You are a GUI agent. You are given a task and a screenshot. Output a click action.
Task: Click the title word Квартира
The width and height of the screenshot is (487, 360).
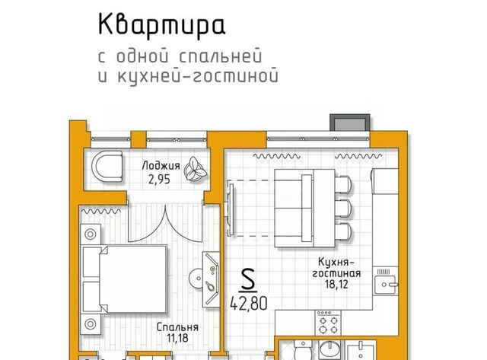tap(161, 25)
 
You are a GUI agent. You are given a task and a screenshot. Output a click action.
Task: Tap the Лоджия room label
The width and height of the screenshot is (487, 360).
tap(161, 166)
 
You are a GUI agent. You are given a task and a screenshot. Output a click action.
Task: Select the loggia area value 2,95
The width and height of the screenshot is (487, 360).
tap(159, 180)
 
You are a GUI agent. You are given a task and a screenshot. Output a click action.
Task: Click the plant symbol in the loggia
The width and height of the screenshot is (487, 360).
tap(195, 169)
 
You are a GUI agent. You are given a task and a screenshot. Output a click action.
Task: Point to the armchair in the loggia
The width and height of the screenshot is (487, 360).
tap(107, 167)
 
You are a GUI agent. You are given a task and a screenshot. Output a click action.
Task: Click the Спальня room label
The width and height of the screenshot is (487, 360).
tap(177, 327)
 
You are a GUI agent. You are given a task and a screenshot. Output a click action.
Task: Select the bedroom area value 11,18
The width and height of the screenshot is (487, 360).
tap(177, 338)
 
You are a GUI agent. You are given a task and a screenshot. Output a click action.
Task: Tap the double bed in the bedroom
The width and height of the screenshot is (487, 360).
tap(124, 279)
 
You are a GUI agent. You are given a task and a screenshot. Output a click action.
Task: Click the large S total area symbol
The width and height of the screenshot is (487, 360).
tap(248, 280)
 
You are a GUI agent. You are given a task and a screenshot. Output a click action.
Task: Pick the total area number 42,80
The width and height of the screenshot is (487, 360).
tap(249, 303)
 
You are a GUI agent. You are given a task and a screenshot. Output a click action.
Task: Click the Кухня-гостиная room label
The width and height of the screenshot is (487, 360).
tap(336, 268)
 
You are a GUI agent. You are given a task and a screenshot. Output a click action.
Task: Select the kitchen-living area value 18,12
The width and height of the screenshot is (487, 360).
tap(336, 284)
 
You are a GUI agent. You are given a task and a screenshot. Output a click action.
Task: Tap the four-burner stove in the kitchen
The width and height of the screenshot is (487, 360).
tap(328, 323)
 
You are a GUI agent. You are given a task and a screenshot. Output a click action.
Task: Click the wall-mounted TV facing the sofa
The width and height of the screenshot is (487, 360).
tap(231, 209)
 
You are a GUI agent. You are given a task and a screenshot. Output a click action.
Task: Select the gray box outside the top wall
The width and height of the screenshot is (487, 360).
tap(350, 123)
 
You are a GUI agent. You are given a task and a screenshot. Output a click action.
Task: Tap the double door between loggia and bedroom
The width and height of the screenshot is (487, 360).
tap(166, 223)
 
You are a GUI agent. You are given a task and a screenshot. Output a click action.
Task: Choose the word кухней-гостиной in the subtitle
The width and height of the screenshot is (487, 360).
tap(198, 76)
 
